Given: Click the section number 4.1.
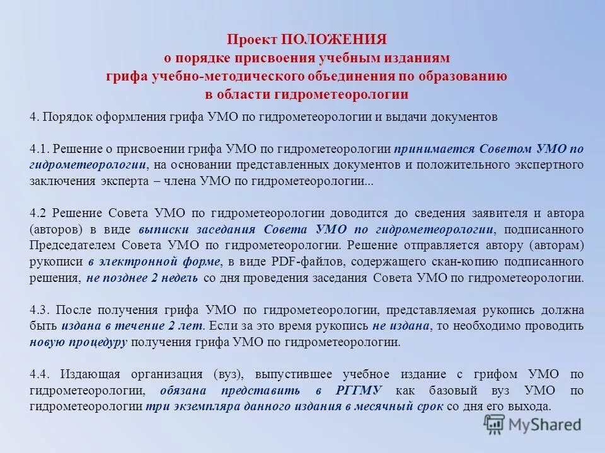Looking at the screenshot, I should point(40,149).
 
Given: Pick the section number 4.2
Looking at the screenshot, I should point(40,213).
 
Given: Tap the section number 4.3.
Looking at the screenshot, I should point(41,310).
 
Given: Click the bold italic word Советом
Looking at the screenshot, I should point(505,149).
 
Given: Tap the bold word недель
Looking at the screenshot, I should point(180,277).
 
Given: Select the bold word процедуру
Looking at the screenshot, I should point(98,343).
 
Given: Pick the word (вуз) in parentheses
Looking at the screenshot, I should point(228,375).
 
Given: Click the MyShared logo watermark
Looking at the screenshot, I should point(533,424).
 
